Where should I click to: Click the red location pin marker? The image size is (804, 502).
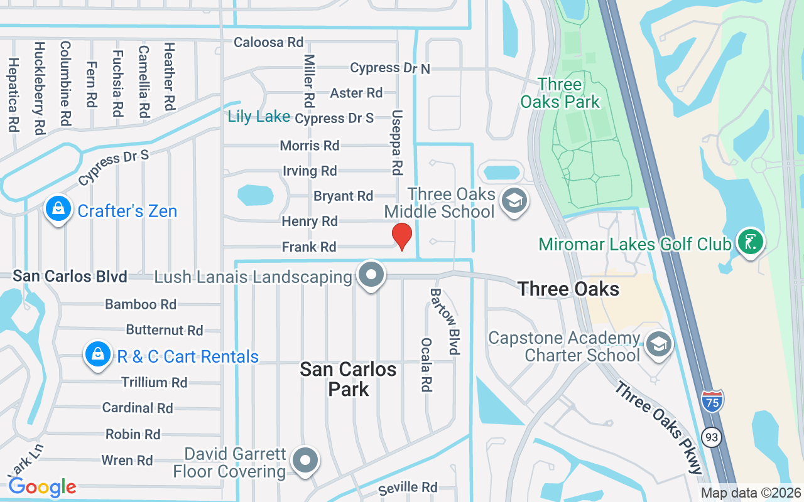[x=402, y=236]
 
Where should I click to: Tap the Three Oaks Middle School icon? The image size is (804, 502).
[x=514, y=201]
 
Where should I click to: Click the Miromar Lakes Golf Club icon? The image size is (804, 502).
[x=750, y=241]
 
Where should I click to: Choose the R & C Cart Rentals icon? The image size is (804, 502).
[x=98, y=355]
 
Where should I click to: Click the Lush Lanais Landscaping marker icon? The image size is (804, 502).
[x=371, y=275]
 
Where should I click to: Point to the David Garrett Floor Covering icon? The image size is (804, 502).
[x=306, y=461]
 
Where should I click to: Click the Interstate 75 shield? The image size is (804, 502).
[x=712, y=400]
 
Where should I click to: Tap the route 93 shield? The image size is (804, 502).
[x=712, y=437]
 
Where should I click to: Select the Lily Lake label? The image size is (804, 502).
[x=259, y=116]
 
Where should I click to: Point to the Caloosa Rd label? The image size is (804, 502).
[x=268, y=42]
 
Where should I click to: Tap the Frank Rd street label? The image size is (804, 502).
[x=309, y=247]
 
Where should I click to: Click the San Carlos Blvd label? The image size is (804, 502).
[x=70, y=276]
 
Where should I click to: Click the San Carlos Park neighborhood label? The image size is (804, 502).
[x=348, y=378]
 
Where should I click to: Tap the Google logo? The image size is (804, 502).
[x=42, y=487]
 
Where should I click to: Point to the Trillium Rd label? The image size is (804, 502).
[x=155, y=382]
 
